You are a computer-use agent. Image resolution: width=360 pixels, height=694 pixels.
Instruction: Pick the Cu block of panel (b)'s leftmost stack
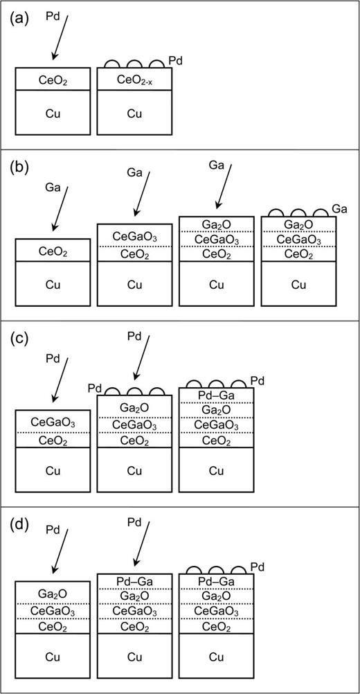(53, 284)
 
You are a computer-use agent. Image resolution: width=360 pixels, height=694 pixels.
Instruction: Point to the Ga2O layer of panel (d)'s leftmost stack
(53, 594)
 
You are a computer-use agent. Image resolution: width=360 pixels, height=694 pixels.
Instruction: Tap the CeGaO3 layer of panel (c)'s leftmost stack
(53, 422)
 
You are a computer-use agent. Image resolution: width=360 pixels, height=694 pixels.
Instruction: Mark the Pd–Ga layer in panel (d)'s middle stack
(134, 581)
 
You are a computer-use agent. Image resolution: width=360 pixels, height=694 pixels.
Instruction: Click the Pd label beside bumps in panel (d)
(258, 564)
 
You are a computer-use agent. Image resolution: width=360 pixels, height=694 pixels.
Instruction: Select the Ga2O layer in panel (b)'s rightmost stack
(298, 225)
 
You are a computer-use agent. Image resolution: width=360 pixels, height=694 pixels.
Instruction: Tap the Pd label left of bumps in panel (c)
(96, 389)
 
